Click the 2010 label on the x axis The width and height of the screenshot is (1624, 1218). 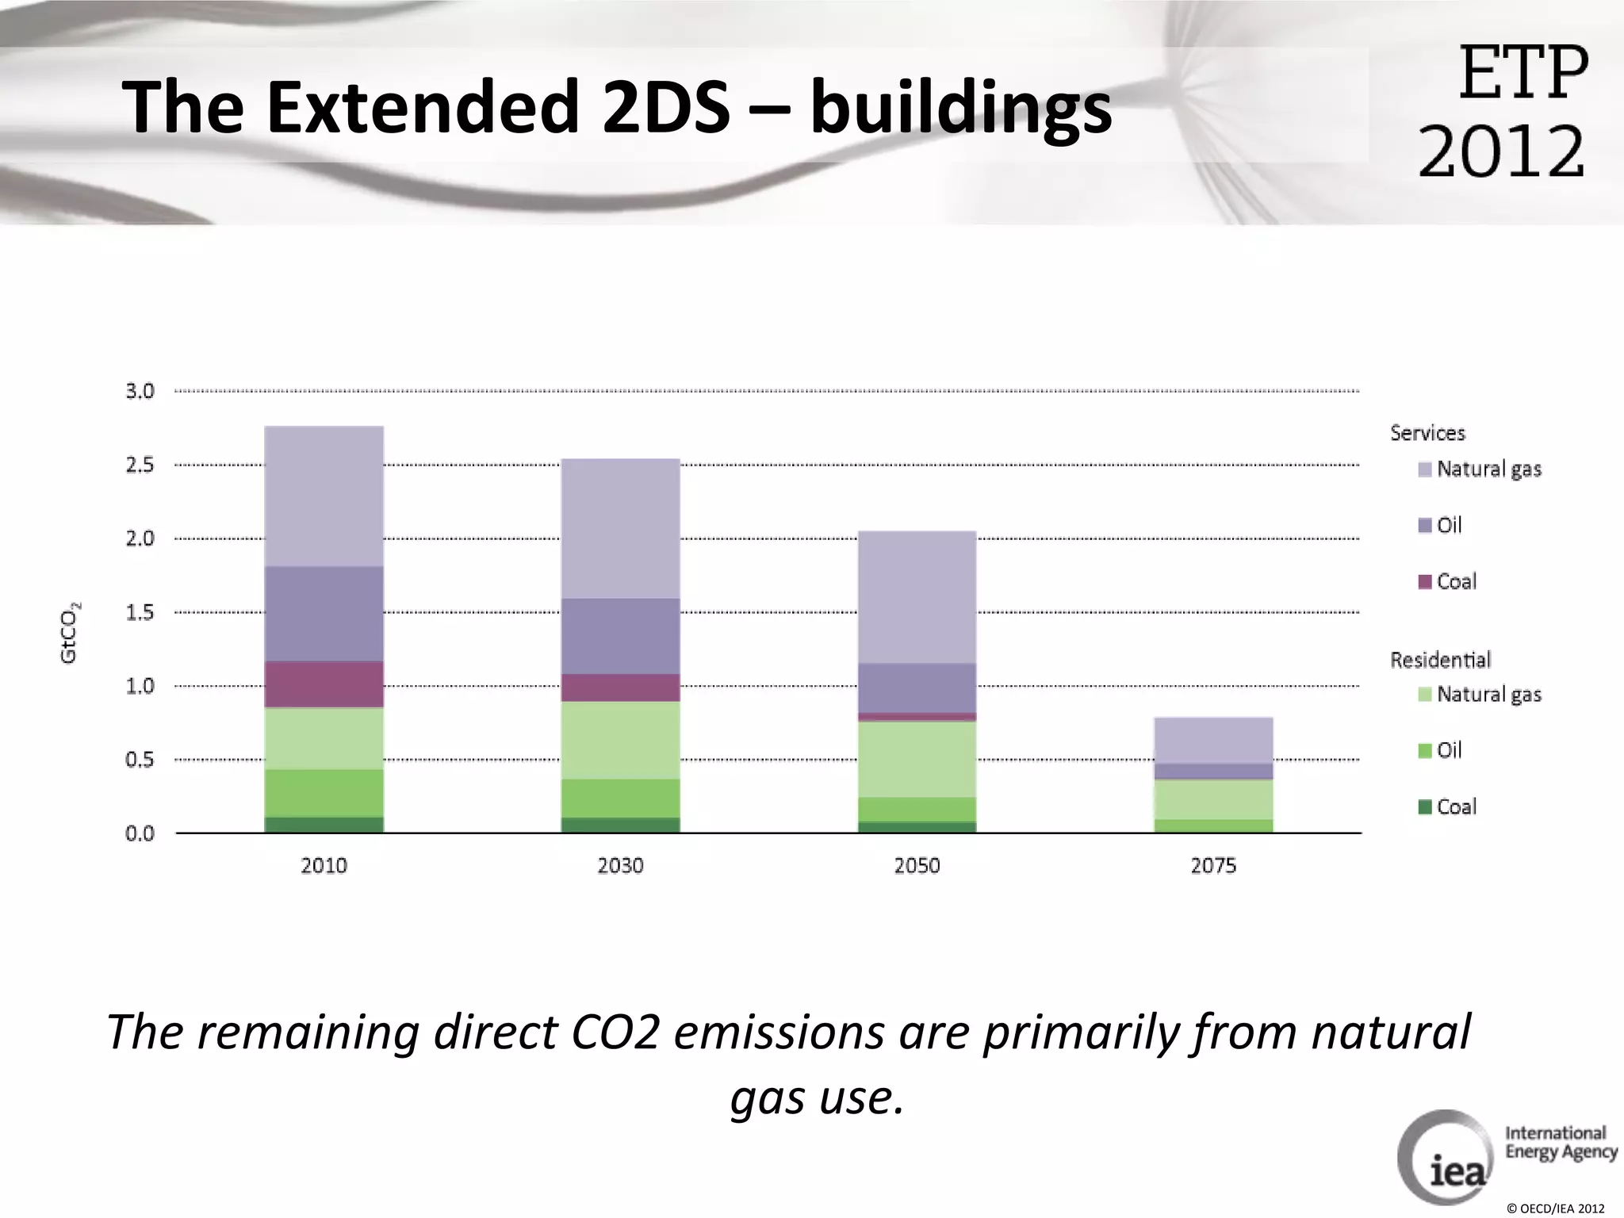coord(324,865)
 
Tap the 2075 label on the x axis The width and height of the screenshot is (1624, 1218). coord(1213,865)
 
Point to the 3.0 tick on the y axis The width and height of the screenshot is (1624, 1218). coord(140,391)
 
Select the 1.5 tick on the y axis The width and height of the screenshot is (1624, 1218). coord(140,612)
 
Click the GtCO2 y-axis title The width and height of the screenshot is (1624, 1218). coord(70,633)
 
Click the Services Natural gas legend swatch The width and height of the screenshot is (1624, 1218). coord(1424,469)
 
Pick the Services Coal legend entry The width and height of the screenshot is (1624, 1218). coord(1447,581)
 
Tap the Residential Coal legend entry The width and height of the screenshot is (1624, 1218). coord(1447,806)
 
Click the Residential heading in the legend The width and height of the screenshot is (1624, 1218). coord(1440,660)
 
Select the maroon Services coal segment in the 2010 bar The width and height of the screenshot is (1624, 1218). coord(324,684)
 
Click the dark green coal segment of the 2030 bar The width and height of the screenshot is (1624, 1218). coord(620,825)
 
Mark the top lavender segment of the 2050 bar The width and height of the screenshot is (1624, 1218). coord(917,596)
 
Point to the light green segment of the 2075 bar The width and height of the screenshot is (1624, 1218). coord(1213,799)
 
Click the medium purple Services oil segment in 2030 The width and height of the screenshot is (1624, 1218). coord(620,636)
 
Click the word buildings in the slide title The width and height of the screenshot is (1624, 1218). coord(960,108)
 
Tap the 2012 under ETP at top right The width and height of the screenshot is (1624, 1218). coord(1501,151)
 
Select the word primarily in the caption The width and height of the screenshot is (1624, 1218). coord(1080,1032)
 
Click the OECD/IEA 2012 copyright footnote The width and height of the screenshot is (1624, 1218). coord(1555,1208)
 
